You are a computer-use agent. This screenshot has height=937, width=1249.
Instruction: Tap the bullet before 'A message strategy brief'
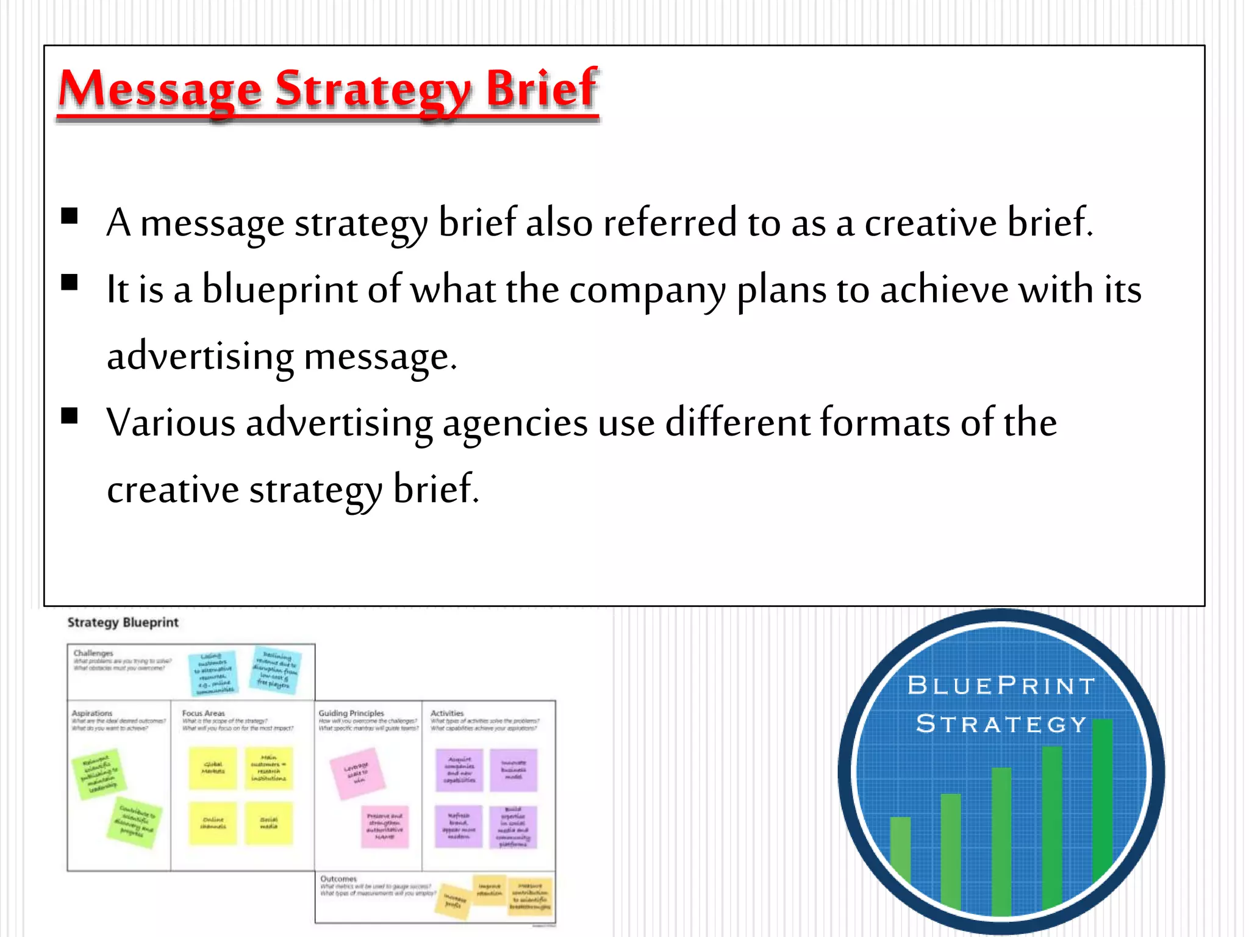pyautogui.click(x=70, y=216)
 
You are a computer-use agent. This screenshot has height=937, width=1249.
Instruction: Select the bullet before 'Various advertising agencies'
pyautogui.click(x=70, y=416)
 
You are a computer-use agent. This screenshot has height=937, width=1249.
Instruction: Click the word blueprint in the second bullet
pyautogui.click(x=279, y=290)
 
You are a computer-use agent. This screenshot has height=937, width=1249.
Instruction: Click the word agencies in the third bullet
pyautogui.click(x=515, y=423)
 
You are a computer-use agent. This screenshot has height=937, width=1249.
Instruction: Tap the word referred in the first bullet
pyautogui.click(x=670, y=223)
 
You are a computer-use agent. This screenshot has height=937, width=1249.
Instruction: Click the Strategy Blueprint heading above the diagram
pyautogui.click(x=123, y=622)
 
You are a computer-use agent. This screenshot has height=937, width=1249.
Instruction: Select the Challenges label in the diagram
pyautogui.click(x=93, y=653)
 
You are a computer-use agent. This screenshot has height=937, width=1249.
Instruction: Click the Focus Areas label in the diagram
pyautogui.click(x=203, y=713)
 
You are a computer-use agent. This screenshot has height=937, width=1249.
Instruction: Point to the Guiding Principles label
pyautogui.click(x=351, y=713)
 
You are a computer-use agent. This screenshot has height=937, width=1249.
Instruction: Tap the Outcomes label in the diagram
pyautogui.click(x=338, y=878)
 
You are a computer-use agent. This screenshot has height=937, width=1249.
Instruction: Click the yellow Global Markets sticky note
pyautogui.click(x=213, y=768)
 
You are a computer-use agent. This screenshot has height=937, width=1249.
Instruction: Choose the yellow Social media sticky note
pyautogui.click(x=269, y=823)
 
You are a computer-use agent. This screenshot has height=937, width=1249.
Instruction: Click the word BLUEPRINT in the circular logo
pyautogui.click(x=1001, y=686)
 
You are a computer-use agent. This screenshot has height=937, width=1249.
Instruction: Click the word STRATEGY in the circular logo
pyautogui.click(x=1001, y=724)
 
